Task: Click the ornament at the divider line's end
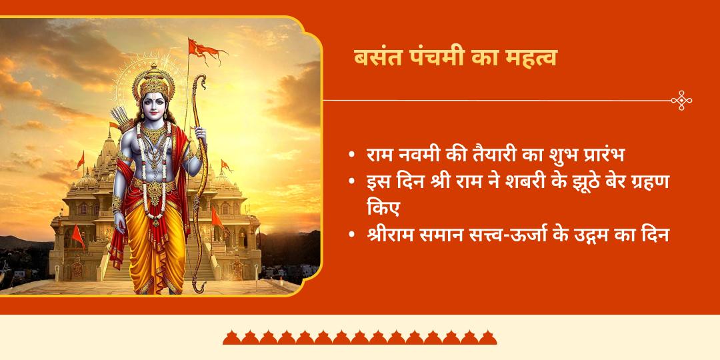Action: tap(681, 101)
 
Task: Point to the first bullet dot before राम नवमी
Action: tap(351, 156)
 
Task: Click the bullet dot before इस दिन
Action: tap(351, 181)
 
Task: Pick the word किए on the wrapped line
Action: tap(383, 208)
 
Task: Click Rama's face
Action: tap(154, 107)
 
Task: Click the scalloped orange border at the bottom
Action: tap(360, 337)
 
